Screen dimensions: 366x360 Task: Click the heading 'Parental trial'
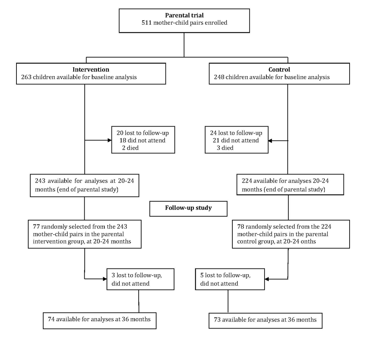pyautogui.click(x=184, y=15)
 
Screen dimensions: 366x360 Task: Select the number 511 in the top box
pyautogui.click(x=147, y=23)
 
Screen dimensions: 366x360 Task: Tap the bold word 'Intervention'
pyautogui.click(x=91, y=70)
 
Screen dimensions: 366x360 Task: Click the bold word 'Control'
pyautogui.click(x=279, y=70)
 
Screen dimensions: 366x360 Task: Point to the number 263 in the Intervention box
pyautogui.click(x=26, y=77)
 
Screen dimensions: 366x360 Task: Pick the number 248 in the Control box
pyautogui.click(x=219, y=77)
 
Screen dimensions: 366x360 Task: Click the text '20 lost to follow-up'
pyautogui.click(x=143, y=133)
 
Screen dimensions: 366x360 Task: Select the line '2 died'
pyautogui.click(x=130, y=148)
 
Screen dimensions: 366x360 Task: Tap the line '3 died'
pyautogui.click(x=225, y=148)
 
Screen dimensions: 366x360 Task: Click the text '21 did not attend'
pyautogui.click(x=236, y=140)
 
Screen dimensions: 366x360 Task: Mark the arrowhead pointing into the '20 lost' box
pyautogui.click(x=109, y=140)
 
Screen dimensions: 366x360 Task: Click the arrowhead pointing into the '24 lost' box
pyautogui.click(x=270, y=140)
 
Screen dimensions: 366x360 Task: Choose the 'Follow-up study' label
pyautogui.click(x=188, y=208)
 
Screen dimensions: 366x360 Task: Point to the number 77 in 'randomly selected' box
pyautogui.click(x=36, y=226)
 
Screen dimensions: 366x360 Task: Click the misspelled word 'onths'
pyautogui.click(x=308, y=241)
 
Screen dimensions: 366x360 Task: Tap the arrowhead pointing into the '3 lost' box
pyautogui.click(x=105, y=279)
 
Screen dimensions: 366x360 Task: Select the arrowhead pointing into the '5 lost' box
pyautogui.click(x=267, y=279)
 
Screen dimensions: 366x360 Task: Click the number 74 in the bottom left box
pyautogui.click(x=51, y=319)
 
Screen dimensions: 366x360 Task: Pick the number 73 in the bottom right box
pyautogui.click(x=217, y=320)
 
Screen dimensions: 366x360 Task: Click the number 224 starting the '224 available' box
pyautogui.click(x=247, y=181)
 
